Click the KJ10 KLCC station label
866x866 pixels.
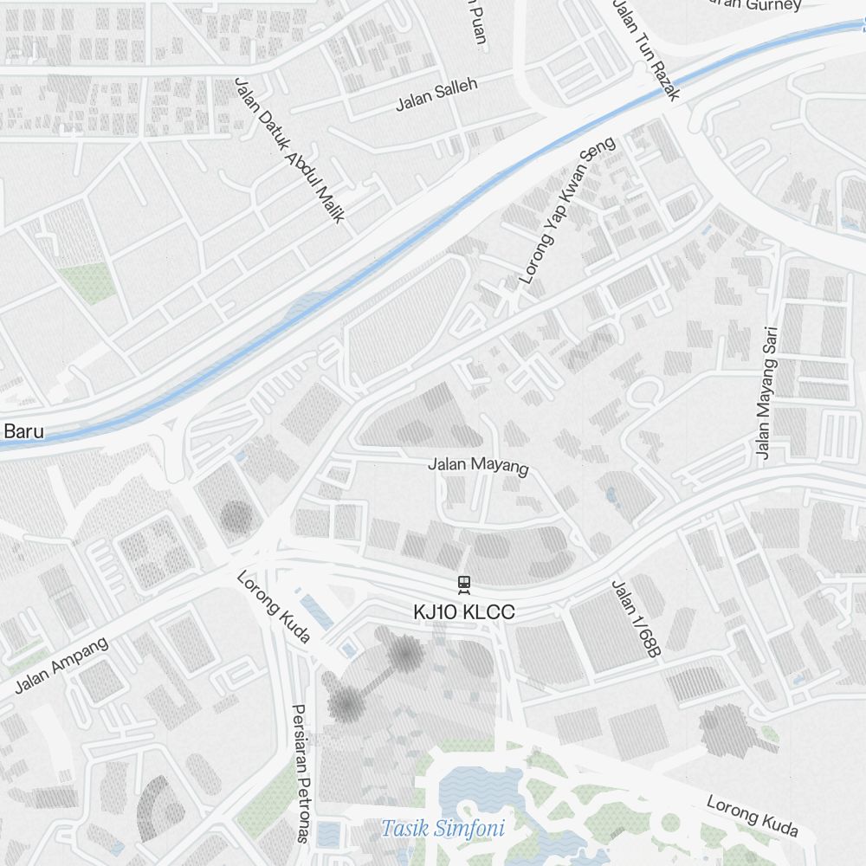click(x=464, y=612)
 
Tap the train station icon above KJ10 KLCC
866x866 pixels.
click(x=465, y=585)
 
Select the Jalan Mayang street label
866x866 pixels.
click(x=478, y=465)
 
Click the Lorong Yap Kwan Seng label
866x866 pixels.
click(x=566, y=210)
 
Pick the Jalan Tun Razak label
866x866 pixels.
click(x=646, y=48)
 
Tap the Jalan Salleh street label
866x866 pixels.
click(x=436, y=94)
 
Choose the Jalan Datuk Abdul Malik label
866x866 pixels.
click(x=289, y=150)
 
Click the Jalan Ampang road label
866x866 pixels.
click(x=61, y=665)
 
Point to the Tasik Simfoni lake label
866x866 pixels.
click(x=443, y=828)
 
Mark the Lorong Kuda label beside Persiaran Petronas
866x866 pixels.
click(x=274, y=606)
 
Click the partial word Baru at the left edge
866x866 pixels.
click(x=23, y=430)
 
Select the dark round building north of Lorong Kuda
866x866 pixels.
click(x=236, y=517)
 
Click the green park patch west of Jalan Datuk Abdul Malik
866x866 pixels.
click(x=89, y=282)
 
